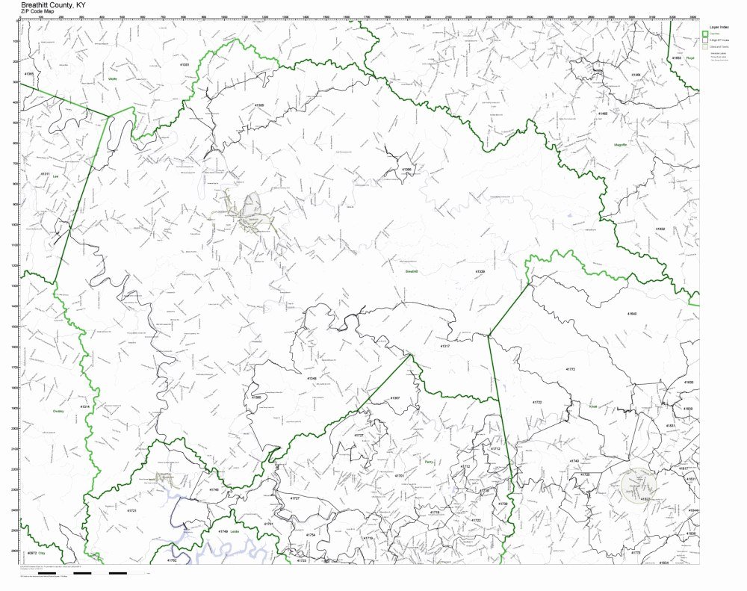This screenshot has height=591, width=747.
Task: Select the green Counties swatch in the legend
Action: click(x=704, y=34)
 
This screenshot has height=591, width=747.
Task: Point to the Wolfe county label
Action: click(x=114, y=78)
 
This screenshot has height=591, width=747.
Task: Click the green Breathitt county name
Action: click(x=411, y=273)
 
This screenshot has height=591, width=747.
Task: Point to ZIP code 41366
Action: click(x=406, y=170)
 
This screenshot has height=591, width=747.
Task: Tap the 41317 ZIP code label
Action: click(x=445, y=346)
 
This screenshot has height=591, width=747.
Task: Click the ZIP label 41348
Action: click(x=311, y=379)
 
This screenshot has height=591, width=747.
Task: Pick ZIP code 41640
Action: click(x=632, y=315)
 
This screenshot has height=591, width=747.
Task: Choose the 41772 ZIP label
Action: click(x=571, y=370)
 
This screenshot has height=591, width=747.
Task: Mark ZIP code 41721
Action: click(x=132, y=510)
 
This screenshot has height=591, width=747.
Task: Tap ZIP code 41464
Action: click(x=636, y=75)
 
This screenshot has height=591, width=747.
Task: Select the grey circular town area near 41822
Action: click(x=636, y=484)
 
